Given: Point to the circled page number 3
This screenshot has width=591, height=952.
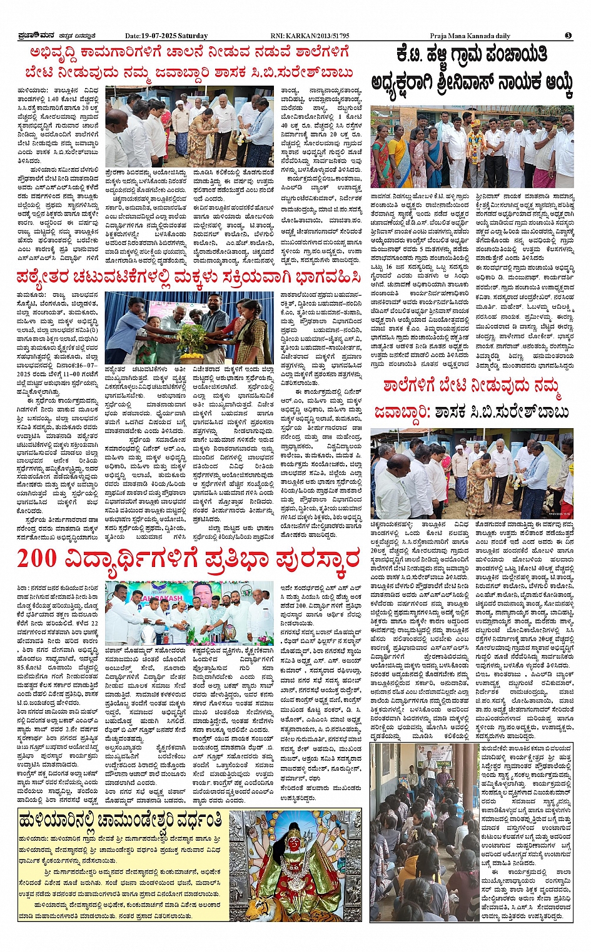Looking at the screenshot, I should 568,36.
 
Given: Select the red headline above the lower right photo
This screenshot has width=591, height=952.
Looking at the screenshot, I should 472,399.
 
